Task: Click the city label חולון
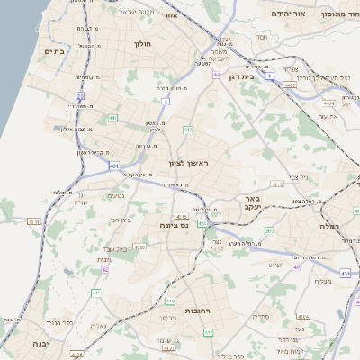[142, 43]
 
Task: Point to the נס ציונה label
[172, 225]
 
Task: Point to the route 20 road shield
[80, 95]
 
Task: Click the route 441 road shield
[112, 118]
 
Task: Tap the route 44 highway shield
[217, 75]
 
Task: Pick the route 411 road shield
[96, 293]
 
